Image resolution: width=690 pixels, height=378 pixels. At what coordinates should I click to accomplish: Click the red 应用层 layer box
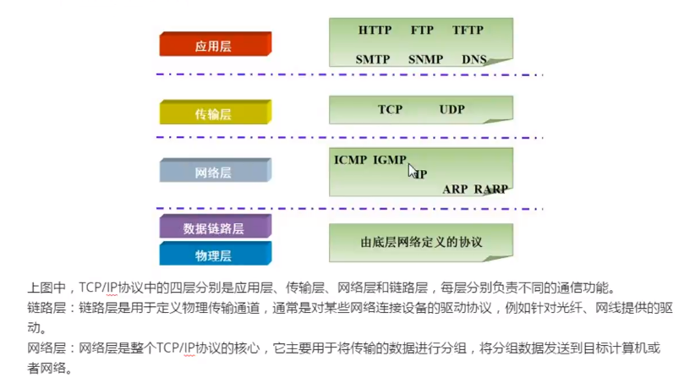click(x=215, y=45)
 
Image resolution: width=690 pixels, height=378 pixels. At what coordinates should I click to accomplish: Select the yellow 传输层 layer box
click(x=215, y=112)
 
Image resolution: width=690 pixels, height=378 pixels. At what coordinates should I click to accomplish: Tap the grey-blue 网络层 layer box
click(x=215, y=172)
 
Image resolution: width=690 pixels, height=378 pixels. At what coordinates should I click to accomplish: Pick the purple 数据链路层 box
click(x=215, y=227)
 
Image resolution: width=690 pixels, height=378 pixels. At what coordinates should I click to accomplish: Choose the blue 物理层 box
click(x=215, y=254)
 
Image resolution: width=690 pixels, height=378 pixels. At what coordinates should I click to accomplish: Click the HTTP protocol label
click(x=375, y=30)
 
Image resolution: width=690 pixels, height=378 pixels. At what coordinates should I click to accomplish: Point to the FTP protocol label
click(x=422, y=30)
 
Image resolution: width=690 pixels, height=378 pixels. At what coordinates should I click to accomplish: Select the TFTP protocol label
click(x=468, y=30)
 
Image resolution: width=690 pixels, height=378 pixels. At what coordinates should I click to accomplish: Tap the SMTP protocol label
click(x=372, y=60)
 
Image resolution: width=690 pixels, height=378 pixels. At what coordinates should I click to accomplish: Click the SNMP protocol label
click(x=424, y=60)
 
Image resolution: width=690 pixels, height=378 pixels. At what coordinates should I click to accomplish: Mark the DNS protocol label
click(x=474, y=60)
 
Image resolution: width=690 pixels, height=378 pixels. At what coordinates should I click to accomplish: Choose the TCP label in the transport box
click(x=390, y=110)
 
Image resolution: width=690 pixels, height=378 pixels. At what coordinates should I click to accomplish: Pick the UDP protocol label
click(x=452, y=110)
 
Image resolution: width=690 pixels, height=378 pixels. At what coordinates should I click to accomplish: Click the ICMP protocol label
click(x=351, y=159)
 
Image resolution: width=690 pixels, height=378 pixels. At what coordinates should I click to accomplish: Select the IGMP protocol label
click(x=390, y=159)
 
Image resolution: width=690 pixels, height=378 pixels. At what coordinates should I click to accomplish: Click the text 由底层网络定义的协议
click(x=420, y=242)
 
